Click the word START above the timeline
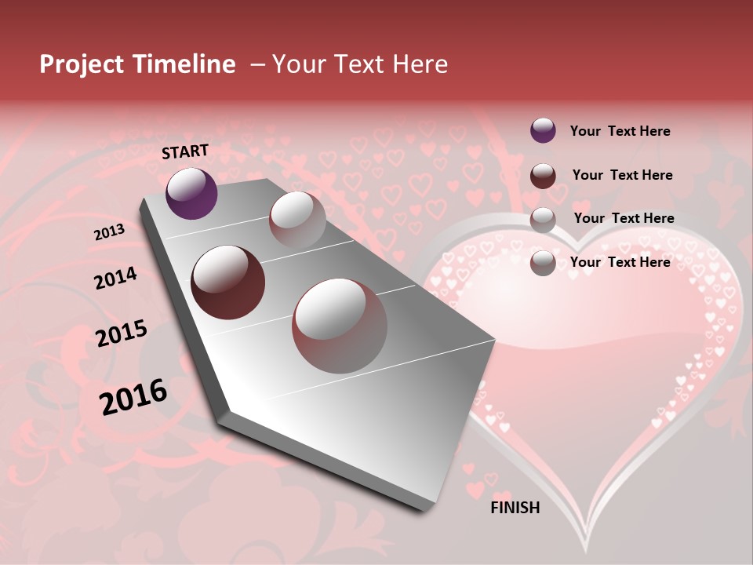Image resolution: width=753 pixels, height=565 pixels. [185, 151]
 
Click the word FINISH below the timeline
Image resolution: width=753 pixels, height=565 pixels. [515, 508]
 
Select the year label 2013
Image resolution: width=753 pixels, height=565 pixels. [109, 232]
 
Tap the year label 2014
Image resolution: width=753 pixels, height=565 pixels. [115, 279]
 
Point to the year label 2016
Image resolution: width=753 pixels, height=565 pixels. [133, 397]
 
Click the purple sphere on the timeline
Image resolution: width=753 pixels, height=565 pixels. [191, 193]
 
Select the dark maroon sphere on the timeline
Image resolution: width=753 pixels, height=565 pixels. [227, 282]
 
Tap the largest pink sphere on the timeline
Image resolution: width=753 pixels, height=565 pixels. [340, 325]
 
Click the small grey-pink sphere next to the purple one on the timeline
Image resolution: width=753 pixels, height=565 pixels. [297, 220]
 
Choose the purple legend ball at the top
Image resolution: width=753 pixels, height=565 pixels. [543, 130]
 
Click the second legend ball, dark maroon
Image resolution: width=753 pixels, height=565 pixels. [543, 175]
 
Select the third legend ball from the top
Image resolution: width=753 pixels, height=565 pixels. [543, 219]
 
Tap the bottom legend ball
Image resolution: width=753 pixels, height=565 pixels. [543, 262]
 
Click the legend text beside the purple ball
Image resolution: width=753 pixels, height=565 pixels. [620, 131]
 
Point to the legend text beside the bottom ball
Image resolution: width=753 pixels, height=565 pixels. [620, 262]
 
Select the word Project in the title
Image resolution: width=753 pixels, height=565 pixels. [81, 64]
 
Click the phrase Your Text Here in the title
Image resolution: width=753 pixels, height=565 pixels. [360, 64]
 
